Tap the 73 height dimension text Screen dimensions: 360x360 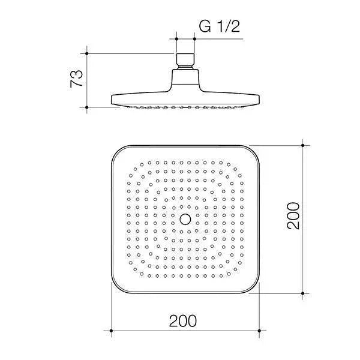(76, 79)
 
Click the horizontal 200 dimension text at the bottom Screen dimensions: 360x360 (184, 321)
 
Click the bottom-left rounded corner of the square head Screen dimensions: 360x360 (120, 286)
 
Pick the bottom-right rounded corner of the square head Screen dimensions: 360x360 (251, 286)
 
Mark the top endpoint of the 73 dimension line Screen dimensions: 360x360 (88, 53)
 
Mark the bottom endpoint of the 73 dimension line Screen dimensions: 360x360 (88, 107)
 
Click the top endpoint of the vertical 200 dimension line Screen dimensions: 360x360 (302, 145)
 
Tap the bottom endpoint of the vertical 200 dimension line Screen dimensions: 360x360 (302, 293)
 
